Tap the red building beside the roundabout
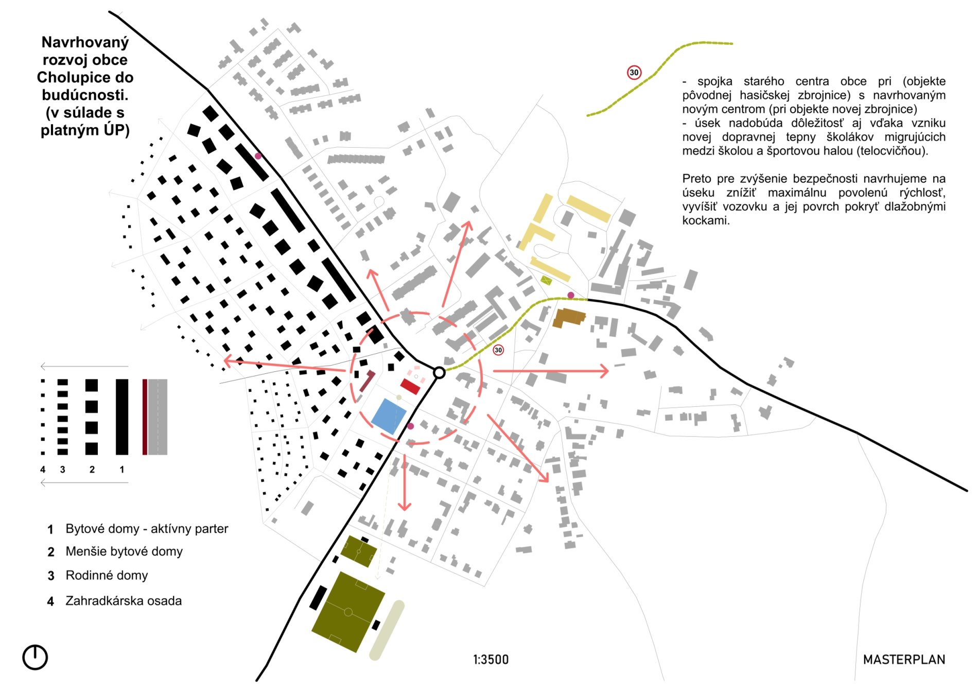[x=411, y=386]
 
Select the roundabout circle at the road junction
[x=439, y=372]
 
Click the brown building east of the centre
[x=569, y=318]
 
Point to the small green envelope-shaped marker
[x=546, y=281]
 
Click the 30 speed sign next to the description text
[x=634, y=73]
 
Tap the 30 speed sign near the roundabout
[x=498, y=350]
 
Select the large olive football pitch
[x=348, y=612]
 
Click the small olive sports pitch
[x=359, y=551]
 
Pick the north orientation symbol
[x=35, y=658]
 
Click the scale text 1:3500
[x=491, y=660]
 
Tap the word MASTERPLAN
[x=904, y=660]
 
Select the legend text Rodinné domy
[x=107, y=575]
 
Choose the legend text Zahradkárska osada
[x=124, y=601]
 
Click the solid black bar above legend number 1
[x=122, y=417]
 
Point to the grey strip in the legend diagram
[x=158, y=417]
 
